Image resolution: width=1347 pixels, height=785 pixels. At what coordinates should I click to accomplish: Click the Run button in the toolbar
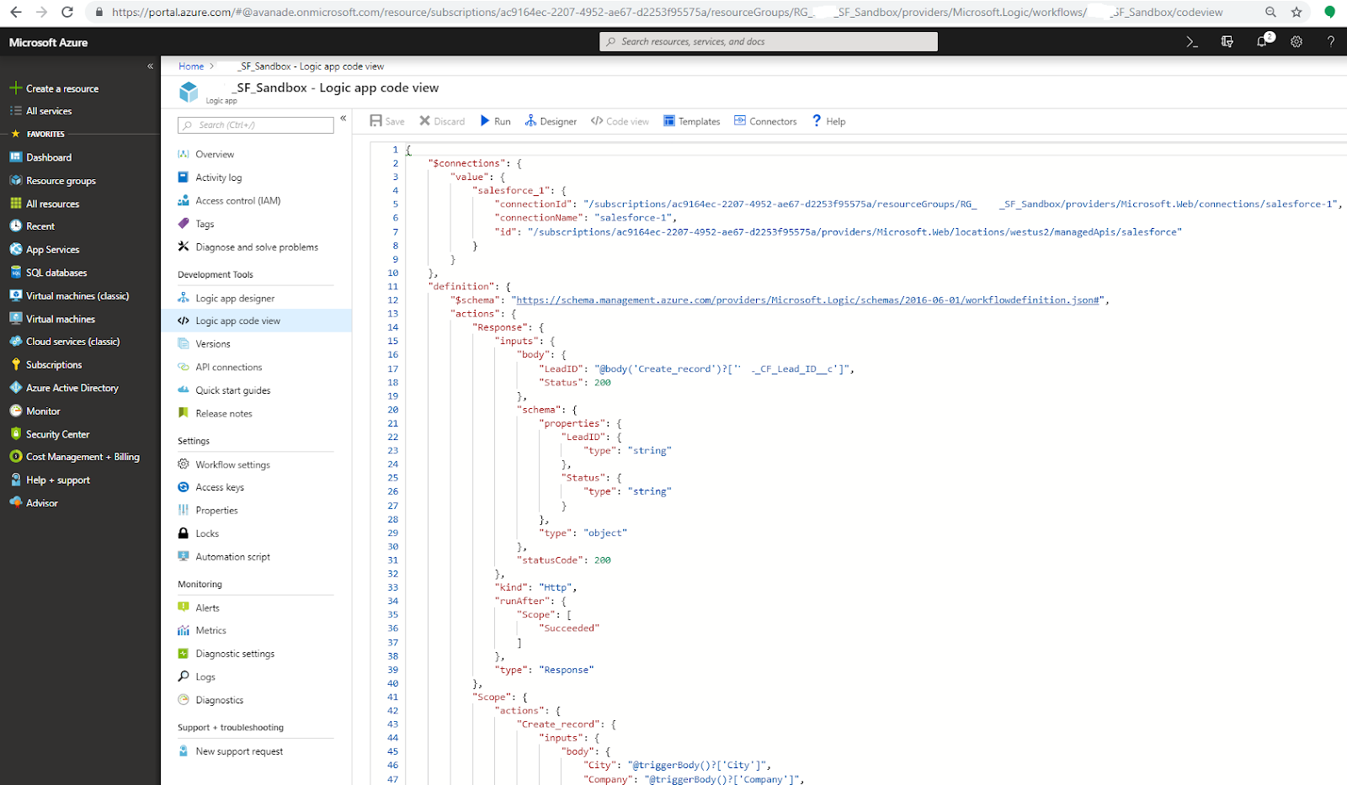click(x=495, y=121)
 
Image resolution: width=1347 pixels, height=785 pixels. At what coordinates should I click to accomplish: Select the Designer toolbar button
click(x=551, y=121)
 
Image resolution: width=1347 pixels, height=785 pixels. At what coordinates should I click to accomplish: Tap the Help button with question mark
click(x=828, y=121)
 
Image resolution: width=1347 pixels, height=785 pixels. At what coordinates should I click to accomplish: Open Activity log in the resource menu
click(x=218, y=178)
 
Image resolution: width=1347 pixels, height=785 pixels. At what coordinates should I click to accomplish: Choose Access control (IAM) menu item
click(x=237, y=201)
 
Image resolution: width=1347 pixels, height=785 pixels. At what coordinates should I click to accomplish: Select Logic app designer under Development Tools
click(x=235, y=299)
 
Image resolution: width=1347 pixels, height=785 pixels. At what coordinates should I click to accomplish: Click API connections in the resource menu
click(x=228, y=368)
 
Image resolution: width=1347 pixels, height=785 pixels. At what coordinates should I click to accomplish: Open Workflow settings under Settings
click(x=232, y=464)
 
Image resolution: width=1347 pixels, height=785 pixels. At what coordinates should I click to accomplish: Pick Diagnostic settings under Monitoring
click(x=235, y=654)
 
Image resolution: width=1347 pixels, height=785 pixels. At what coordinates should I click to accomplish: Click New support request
click(x=239, y=751)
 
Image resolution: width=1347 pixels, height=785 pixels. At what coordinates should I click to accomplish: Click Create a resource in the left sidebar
click(x=61, y=88)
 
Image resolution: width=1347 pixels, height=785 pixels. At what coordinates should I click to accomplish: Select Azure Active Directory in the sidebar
click(x=72, y=388)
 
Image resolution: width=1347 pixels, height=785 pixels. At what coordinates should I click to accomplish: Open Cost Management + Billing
click(x=83, y=457)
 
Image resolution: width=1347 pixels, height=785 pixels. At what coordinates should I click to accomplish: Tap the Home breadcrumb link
click(x=191, y=66)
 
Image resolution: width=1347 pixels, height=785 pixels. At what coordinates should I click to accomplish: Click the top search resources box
click(x=768, y=41)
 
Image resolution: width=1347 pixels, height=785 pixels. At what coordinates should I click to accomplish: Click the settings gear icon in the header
click(x=1296, y=41)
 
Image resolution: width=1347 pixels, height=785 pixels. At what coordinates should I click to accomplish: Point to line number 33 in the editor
click(x=392, y=587)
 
